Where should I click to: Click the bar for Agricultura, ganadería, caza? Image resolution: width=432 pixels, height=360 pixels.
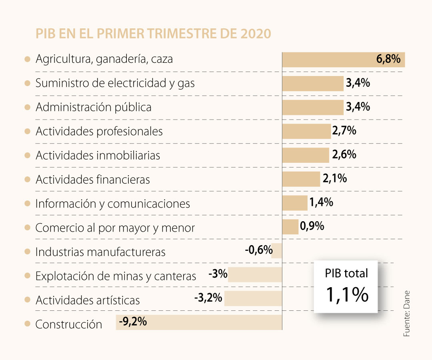click(328, 60)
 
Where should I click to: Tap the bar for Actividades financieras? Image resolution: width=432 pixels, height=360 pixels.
click(301, 179)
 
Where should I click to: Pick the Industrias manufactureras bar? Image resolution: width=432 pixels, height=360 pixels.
click(277, 251)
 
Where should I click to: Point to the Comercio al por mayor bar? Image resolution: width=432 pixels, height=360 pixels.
click(290, 227)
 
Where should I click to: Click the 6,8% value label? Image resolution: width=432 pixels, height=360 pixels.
click(388, 59)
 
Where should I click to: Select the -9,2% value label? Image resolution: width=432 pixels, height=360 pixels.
click(132, 321)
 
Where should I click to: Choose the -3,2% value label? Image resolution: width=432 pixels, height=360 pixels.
click(208, 298)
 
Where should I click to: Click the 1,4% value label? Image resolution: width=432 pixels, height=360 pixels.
click(321, 202)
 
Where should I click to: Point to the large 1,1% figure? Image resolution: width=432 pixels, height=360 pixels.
click(346, 294)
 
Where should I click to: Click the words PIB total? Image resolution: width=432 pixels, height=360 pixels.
click(346, 274)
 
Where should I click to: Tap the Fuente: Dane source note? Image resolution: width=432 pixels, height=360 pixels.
click(407, 313)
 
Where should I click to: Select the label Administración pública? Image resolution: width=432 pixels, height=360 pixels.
click(94, 107)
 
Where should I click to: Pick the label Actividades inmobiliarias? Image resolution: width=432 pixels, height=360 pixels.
click(98, 155)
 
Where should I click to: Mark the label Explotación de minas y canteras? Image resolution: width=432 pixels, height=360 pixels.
click(116, 276)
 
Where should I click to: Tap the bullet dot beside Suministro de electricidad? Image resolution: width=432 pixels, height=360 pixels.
click(27, 83)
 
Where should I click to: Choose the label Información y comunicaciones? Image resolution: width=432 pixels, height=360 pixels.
click(112, 204)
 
